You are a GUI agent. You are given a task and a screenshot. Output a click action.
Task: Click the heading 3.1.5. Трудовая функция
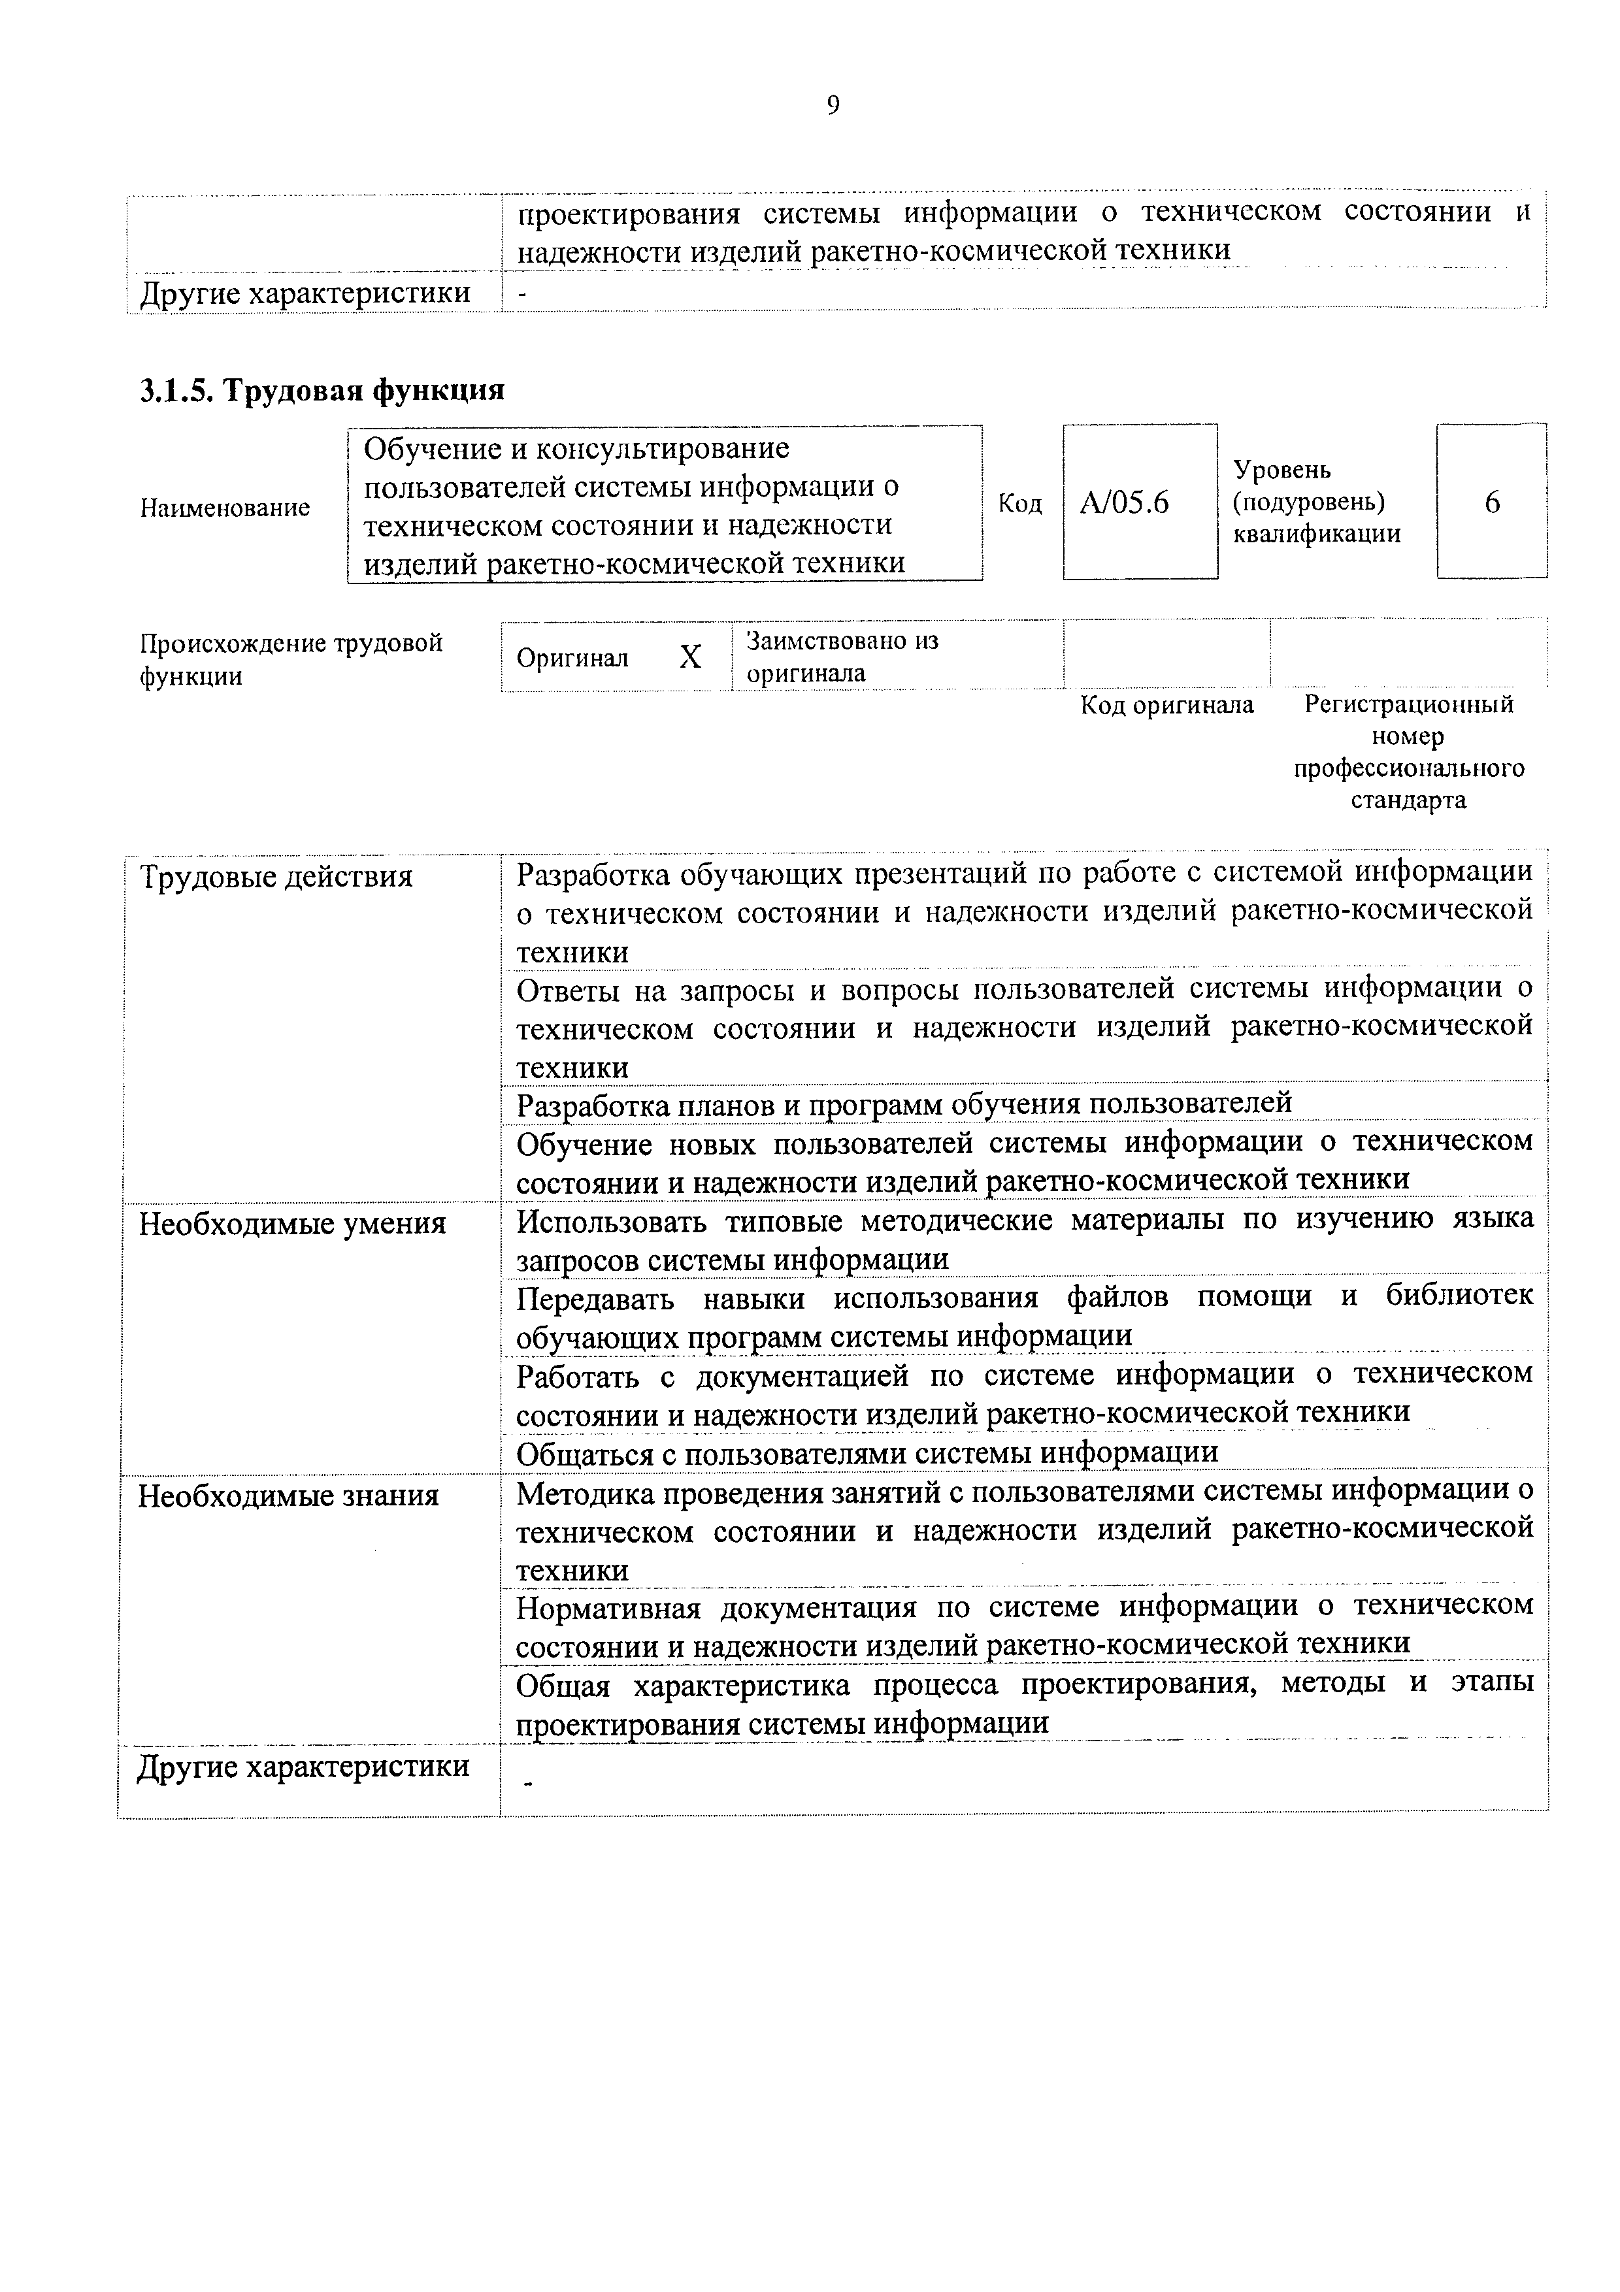(x=322, y=389)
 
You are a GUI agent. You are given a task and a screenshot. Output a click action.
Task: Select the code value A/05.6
(x=1124, y=502)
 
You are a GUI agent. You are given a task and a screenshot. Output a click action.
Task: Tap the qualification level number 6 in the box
(x=1491, y=502)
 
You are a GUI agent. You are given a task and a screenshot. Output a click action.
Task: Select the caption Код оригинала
(x=1167, y=705)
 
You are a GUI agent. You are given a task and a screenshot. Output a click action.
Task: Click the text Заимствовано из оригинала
(x=844, y=656)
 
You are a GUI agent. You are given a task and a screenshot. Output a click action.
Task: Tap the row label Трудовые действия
(x=276, y=877)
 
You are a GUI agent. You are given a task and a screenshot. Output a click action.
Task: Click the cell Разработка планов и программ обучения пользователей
(x=903, y=1103)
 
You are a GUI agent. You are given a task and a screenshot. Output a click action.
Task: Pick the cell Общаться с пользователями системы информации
(x=867, y=1452)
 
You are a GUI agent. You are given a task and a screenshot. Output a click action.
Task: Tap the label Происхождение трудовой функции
(x=290, y=659)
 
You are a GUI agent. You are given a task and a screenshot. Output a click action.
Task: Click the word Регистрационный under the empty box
(x=1408, y=705)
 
